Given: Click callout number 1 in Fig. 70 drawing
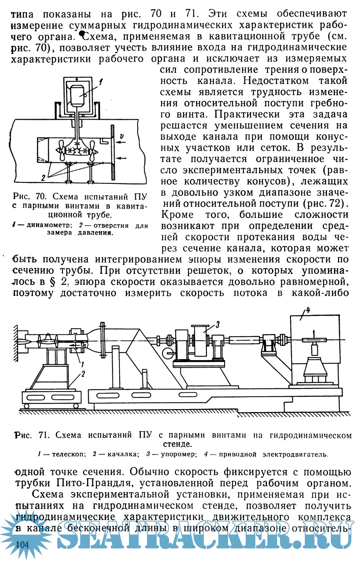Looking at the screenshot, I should click(101, 81).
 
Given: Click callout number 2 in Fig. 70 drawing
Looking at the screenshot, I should click(43, 178).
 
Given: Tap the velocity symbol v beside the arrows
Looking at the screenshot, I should click(122, 136).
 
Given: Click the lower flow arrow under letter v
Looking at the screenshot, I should click(121, 158).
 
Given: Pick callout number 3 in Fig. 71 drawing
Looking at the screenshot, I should click(217, 324).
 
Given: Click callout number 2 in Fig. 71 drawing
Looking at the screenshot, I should click(83, 374).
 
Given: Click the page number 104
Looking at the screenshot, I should click(22, 545).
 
